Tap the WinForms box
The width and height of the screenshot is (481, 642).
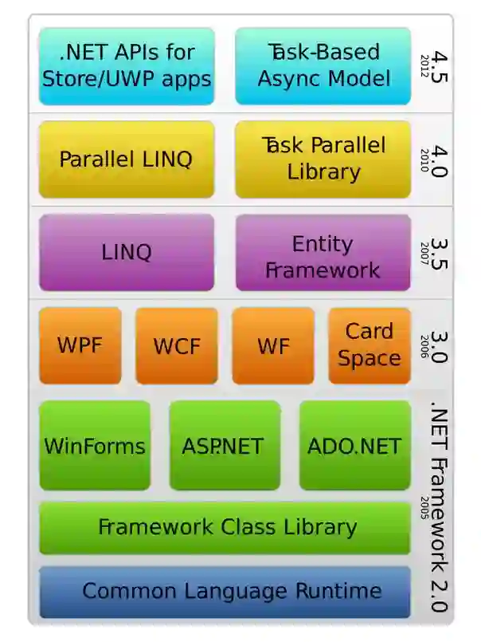click(95, 445)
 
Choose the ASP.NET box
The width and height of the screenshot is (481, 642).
click(225, 445)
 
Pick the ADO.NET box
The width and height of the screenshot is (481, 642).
click(354, 445)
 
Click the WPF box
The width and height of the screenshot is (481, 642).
click(80, 346)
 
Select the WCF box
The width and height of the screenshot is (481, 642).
click(176, 346)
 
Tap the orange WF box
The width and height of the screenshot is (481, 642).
click(272, 346)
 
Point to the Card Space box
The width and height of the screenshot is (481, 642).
click(370, 345)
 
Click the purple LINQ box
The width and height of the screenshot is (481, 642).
click(127, 252)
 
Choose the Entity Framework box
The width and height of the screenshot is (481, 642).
click(323, 256)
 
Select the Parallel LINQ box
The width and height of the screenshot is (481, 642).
click(127, 159)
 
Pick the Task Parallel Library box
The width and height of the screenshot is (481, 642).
click(323, 159)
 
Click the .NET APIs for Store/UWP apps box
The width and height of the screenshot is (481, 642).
click(127, 66)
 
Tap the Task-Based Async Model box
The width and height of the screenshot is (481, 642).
click(323, 66)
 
